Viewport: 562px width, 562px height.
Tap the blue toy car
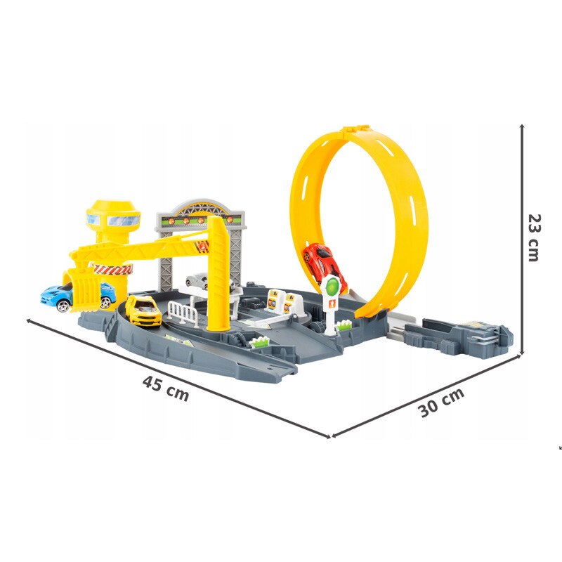coord(77,297)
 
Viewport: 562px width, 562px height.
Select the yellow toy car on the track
coord(143,310)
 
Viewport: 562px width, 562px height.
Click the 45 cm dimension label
coord(165,388)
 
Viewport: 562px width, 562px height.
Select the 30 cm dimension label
coord(442,402)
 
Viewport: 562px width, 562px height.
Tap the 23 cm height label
coord(534,237)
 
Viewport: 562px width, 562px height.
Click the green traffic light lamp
coord(332,285)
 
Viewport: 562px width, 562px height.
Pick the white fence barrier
coord(183,313)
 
